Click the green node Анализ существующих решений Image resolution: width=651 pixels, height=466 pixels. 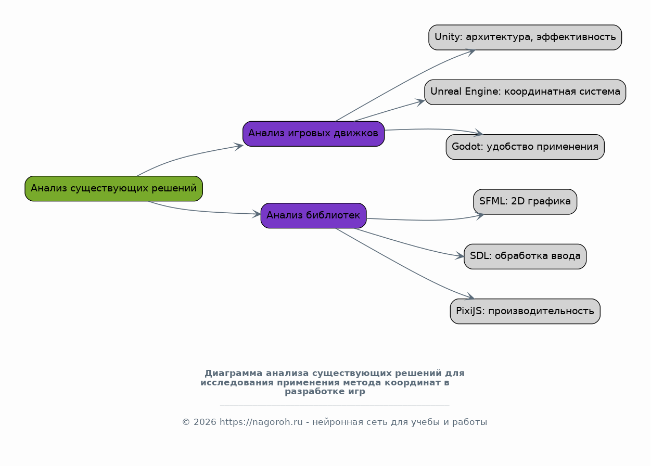click(113, 189)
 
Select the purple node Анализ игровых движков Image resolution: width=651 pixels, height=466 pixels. click(314, 134)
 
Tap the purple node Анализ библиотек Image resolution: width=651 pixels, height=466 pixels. click(314, 215)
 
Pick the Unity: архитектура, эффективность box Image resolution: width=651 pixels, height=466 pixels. click(525, 37)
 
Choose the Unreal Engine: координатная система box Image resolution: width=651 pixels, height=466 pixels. click(525, 92)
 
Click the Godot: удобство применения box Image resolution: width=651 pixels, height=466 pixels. click(525, 147)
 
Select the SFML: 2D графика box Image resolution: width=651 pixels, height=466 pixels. click(525, 202)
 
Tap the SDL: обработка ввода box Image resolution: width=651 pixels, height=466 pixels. click(525, 256)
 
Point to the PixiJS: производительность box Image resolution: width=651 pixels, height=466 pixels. click(525, 311)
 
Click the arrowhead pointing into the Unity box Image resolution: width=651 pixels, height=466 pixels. click(471, 51)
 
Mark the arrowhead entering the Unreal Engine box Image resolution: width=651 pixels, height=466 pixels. click(420, 102)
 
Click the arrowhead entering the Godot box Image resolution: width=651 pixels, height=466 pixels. click(478, 133)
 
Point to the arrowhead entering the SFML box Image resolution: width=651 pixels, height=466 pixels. click(479, 216)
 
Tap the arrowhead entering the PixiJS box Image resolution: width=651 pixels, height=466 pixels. click(470, 296)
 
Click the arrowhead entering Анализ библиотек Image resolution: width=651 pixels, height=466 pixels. click(257, 214)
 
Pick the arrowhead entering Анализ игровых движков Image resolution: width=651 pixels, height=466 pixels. click(239, 146)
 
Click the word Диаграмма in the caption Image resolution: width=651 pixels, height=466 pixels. click(233, 373)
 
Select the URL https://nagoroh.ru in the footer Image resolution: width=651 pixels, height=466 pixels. click(261, 422)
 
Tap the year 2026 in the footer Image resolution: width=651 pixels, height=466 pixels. click(205, 422)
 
